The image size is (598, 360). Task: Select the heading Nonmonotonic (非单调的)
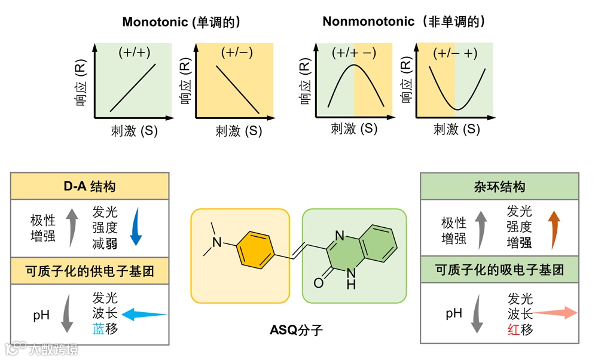(x=404, y=22)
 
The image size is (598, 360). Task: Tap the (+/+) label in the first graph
(x=133, y=53)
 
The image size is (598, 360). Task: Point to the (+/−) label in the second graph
(x=237, y=53)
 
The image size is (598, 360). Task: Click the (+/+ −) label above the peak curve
(x=354, y=53)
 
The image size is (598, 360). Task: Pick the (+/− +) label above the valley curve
(x=455, y=53)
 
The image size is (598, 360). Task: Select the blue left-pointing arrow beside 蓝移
(x=144, y=313)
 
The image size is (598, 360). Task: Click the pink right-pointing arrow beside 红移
(x=556, y=313)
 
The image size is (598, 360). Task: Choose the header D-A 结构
(x=90, y=187)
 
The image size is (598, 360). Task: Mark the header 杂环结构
(x=499, y=187)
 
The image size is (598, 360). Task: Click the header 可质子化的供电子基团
(x=90, y=271)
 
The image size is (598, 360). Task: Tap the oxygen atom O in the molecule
(x=318, y=282)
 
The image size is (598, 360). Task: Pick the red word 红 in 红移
(x=513, y=329)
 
